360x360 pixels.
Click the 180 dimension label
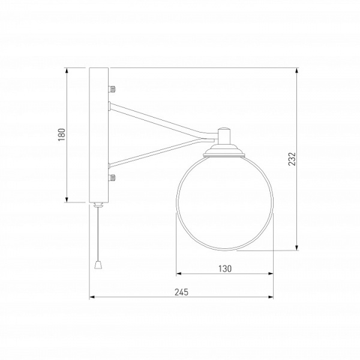62,134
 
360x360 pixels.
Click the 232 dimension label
292,158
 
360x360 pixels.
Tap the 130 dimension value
225,268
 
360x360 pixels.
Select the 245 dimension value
181,292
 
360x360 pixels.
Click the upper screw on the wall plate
112,89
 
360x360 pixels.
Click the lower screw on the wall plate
112,178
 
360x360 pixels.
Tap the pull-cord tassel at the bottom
98,265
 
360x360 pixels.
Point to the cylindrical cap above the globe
224,136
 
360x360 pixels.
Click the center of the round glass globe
225,202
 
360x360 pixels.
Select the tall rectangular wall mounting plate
99,135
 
